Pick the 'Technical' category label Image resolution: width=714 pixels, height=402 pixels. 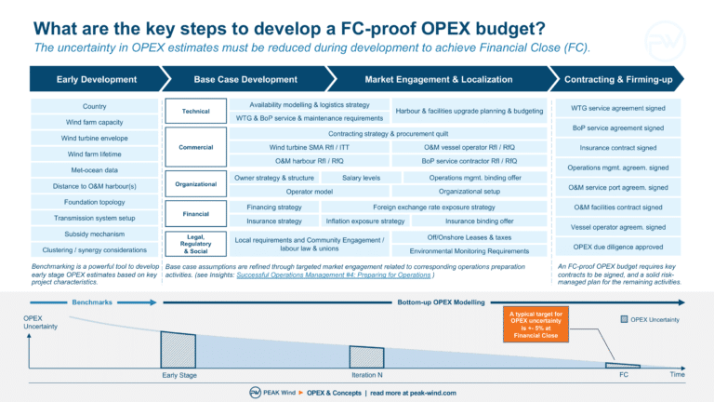coord(195,112)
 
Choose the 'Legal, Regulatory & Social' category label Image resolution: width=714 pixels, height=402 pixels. coord(195,244)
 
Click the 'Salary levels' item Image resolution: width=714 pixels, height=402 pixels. coord(361,177)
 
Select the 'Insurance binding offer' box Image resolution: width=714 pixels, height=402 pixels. coord(479,221)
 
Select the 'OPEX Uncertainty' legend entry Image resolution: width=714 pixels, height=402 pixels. coord(650,319)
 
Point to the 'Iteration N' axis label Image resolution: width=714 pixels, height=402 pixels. coord(367,375)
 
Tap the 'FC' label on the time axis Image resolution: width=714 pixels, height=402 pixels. coord(623,375)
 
